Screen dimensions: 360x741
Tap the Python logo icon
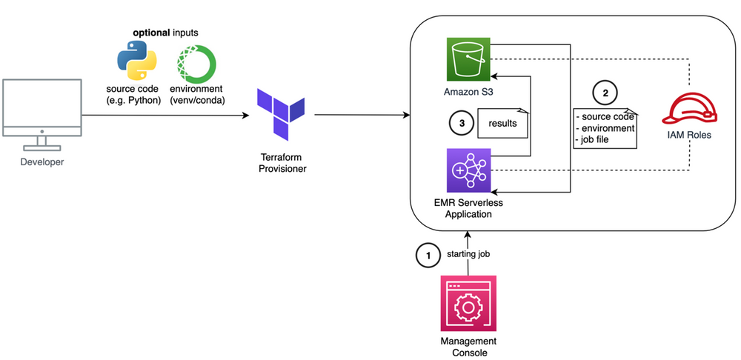point(137,60)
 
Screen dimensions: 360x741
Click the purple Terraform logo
point(280,114)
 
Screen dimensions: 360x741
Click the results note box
point(502,123)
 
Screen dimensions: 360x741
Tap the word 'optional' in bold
point(152,34)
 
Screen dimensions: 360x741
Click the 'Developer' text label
point(41,162)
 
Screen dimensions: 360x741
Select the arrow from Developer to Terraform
point(163,116)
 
